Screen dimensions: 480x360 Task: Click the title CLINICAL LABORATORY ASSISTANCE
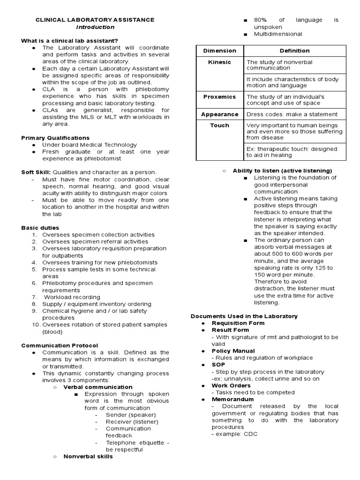95,20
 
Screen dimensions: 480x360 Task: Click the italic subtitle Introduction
95,27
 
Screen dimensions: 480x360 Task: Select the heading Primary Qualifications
55,138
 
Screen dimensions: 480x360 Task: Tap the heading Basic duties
40,228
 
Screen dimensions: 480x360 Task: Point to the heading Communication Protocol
60,345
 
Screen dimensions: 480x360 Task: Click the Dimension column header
220,51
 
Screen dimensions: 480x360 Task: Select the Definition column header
294,51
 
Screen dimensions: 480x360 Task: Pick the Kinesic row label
220,62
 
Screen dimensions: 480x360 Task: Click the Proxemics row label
220,97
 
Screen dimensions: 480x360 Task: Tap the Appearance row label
220,114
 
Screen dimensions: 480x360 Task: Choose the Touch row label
220,125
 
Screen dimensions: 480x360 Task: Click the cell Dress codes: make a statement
292,114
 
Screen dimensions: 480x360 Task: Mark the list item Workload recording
72,297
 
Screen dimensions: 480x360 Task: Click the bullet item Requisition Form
238,323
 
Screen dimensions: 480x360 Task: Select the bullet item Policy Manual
233,351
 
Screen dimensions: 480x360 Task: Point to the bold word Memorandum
233,399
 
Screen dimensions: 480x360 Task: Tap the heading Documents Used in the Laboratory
244,316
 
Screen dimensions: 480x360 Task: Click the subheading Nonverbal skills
88,456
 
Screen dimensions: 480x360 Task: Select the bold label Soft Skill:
36,172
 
